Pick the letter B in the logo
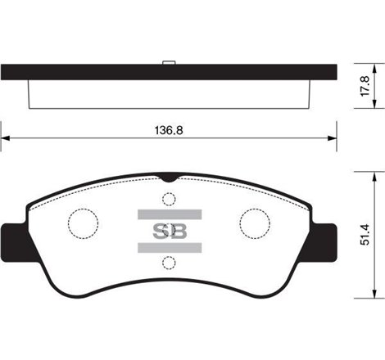point(177,230)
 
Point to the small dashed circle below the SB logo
point(168,262)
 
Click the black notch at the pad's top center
point(168,177)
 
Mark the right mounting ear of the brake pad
point(324,239)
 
